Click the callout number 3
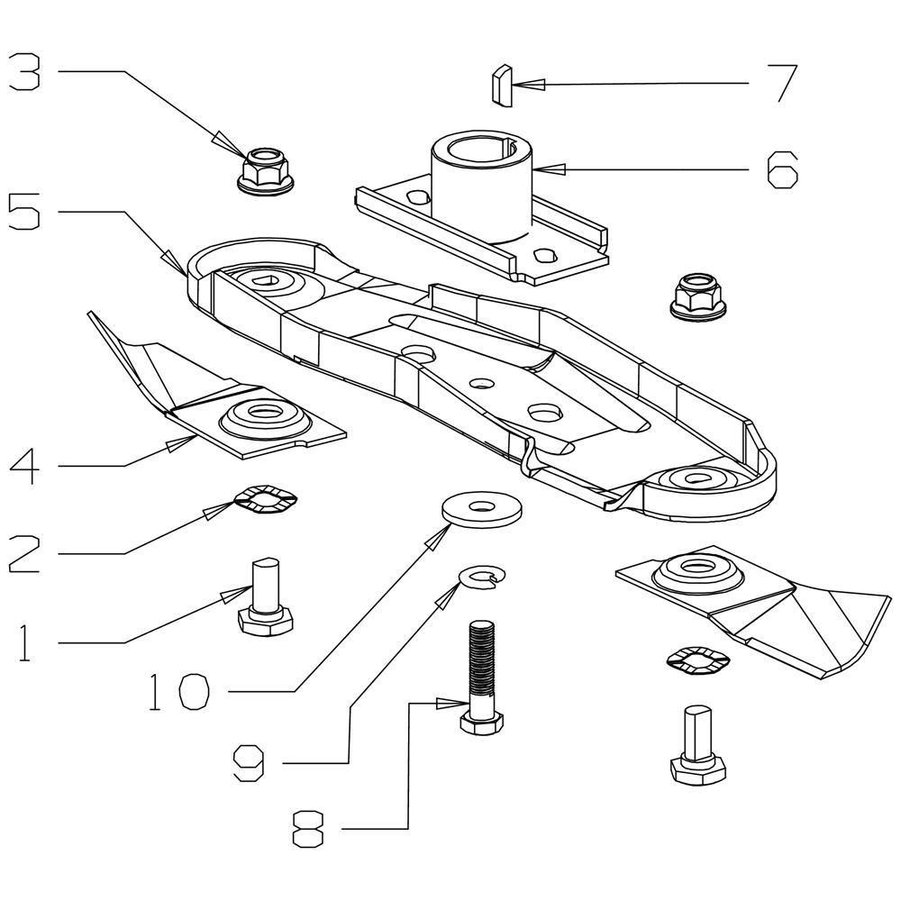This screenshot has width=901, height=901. pos(24,71)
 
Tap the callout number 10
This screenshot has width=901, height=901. pos(178,692)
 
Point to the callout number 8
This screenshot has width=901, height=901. pos(308,829)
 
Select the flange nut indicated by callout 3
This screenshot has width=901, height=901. pos(266,170)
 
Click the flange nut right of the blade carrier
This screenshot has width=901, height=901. pos(696,295)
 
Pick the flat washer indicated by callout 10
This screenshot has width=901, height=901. pos(481,508)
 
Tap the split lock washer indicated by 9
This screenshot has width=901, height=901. pos(483,577)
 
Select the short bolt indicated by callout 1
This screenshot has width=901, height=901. pos(266,596)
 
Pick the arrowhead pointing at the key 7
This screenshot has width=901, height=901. pos(527,85)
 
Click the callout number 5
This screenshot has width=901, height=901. pos(24,212)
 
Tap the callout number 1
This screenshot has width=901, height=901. pos(23,642)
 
